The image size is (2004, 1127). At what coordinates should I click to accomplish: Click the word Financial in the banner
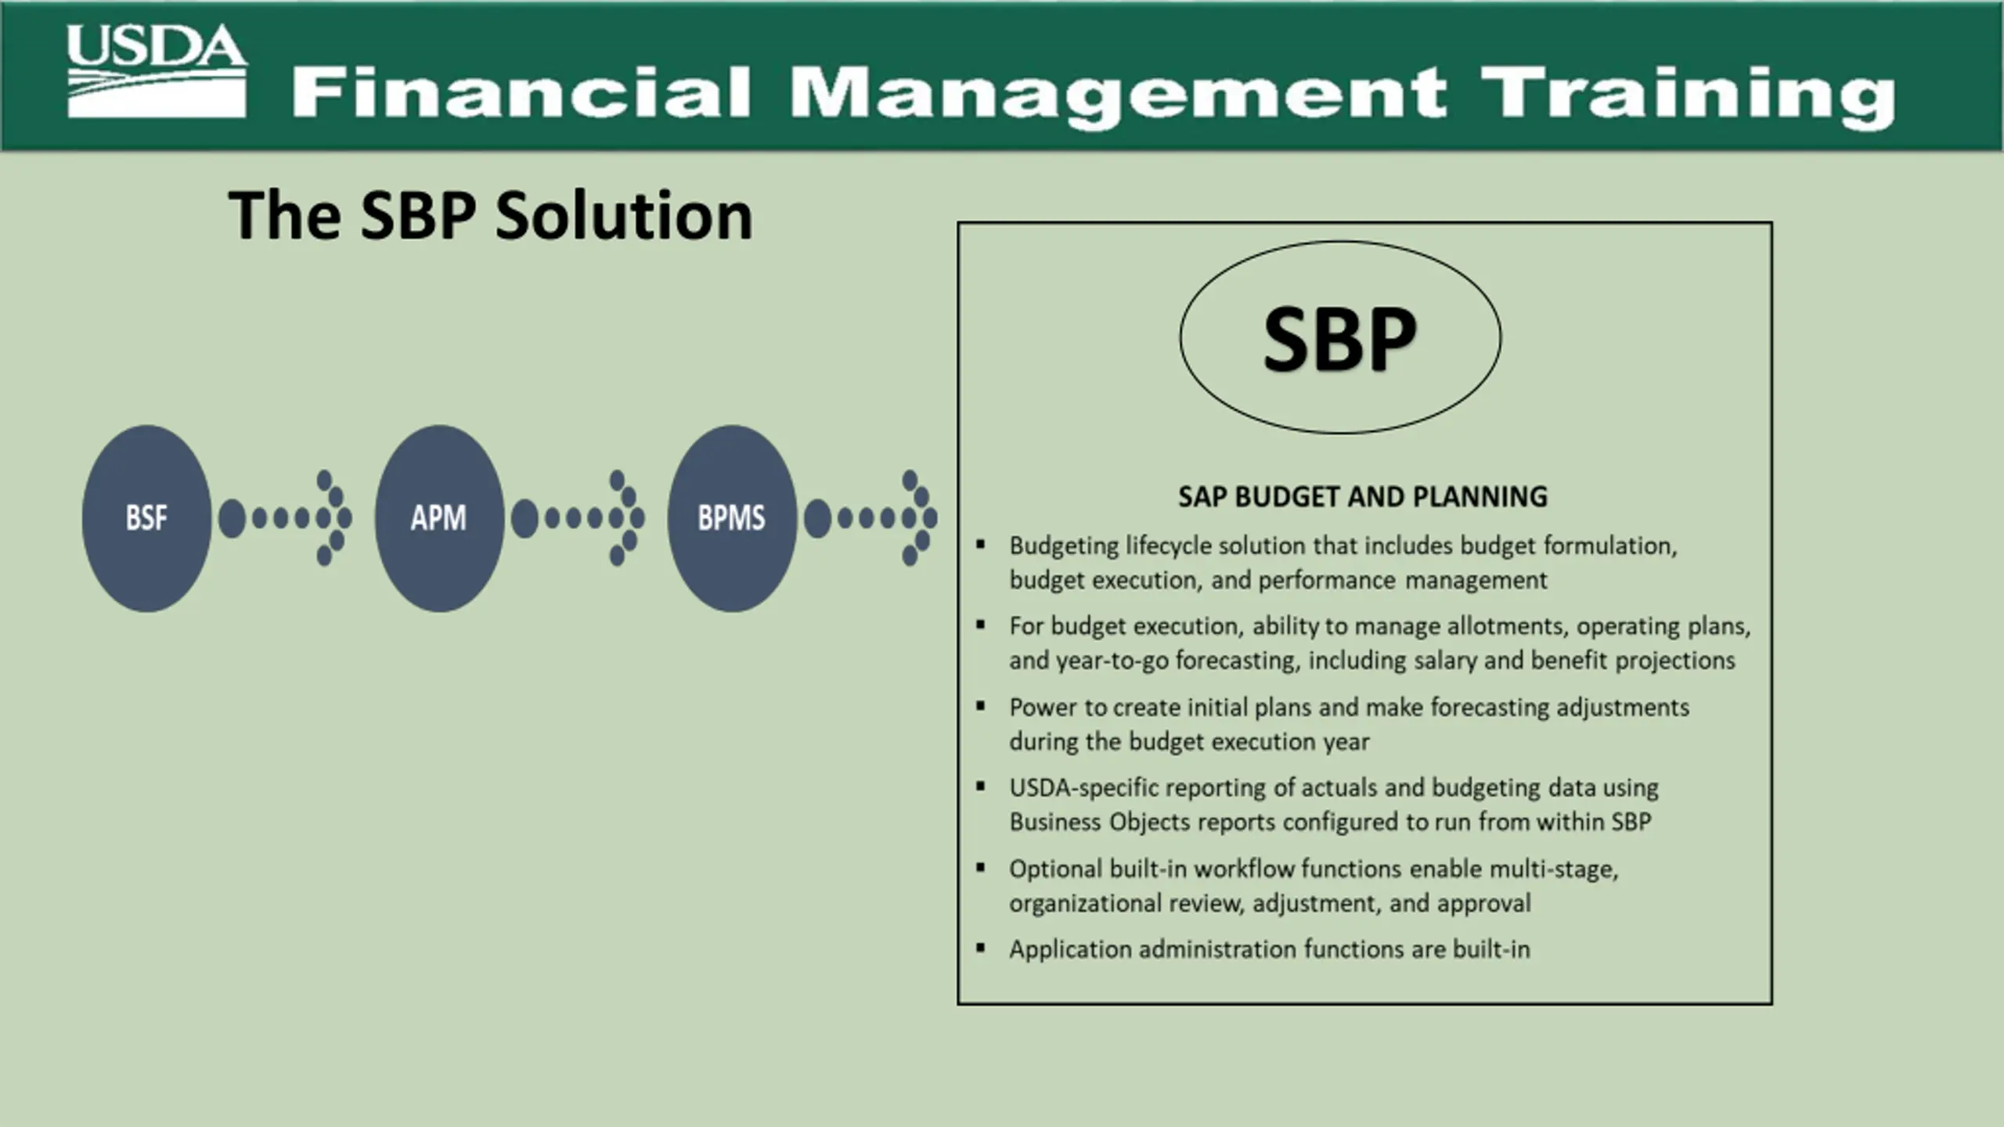521,92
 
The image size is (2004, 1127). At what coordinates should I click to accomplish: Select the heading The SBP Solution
491,215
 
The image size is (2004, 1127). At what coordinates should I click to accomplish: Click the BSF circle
146,518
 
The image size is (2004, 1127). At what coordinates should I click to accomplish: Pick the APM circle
439,518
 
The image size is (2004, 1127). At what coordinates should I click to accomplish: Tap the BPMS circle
732,518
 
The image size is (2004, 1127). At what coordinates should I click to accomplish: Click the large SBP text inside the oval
1340,339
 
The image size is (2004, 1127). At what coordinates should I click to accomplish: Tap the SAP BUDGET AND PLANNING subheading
1363,497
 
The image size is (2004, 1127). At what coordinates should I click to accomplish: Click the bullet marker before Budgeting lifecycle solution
980,544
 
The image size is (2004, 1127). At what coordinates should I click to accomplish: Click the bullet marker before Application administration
980,948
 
